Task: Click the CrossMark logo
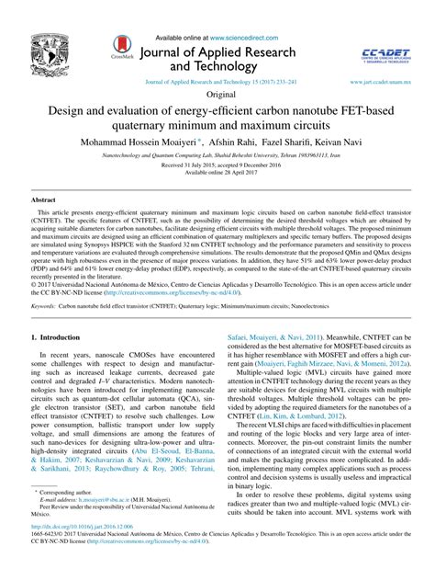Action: (x=123, y=47)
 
